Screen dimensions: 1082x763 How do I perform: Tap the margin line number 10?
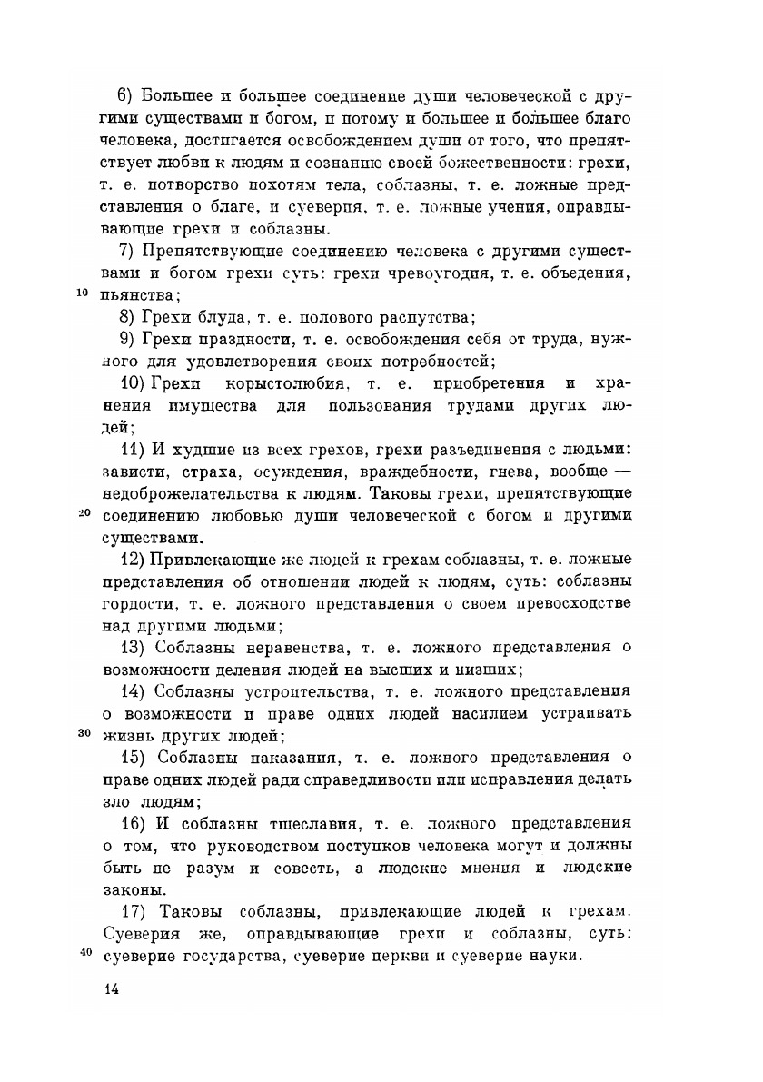(x=81, y=293)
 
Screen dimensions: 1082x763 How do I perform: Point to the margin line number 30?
(x=81, y=732)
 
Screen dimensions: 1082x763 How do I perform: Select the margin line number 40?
(x=81, y=951)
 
